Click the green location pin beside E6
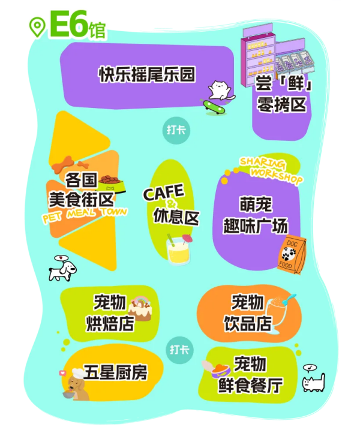[37, 27]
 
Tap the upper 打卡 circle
[176, 130]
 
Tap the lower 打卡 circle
[179, 350]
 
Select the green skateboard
[214, 106]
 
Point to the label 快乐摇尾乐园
[147, 74]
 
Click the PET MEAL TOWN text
[85, 215]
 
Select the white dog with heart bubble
[62, 268]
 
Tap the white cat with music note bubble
[314, 378]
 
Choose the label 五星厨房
[116, 372]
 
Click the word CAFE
[164, 192]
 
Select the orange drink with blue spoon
[279, 312]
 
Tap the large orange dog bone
[63, 164]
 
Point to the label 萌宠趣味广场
[256, 215]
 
